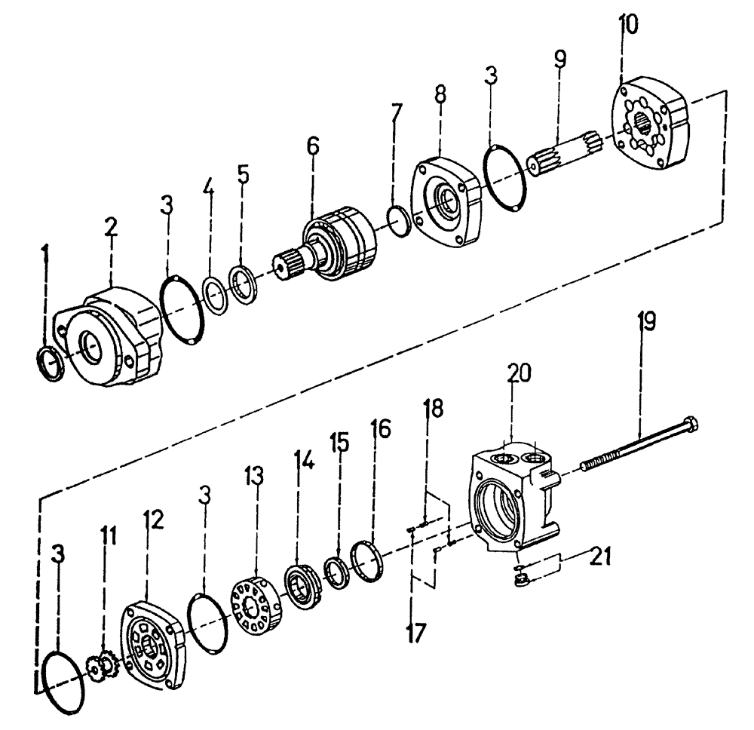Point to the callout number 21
point(600,559)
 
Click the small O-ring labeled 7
point(399,221)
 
